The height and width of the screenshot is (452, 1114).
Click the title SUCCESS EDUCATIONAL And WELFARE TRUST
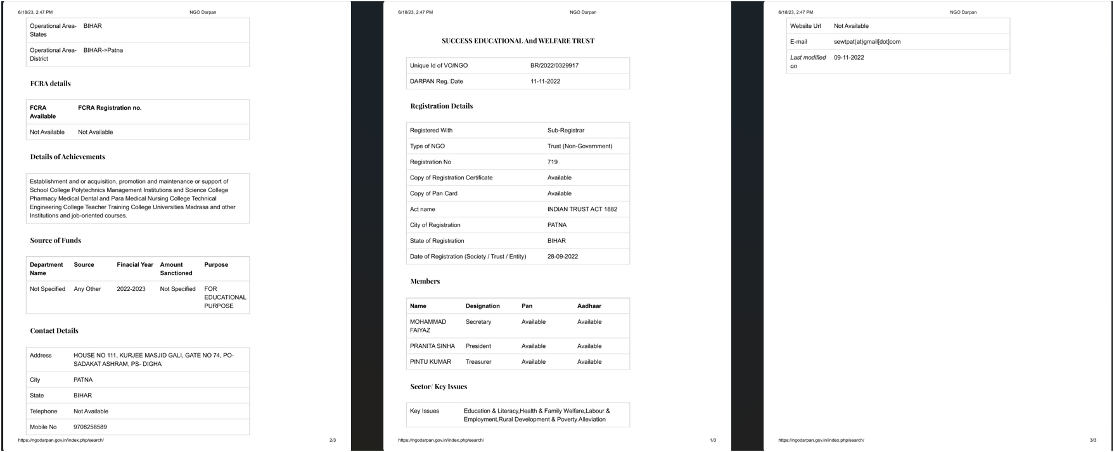[518, 41]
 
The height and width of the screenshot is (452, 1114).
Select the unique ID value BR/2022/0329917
[554, 65]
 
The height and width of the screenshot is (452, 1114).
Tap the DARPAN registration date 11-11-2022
[545, 81]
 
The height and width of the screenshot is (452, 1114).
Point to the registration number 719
[553, 162]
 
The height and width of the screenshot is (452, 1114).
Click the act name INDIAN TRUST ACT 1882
[582, 209]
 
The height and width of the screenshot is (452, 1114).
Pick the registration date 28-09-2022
[563, 257]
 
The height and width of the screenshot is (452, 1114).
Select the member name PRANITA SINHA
[432, 346]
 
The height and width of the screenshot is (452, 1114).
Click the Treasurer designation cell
[478, 362]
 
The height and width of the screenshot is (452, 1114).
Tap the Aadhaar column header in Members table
[589, 306]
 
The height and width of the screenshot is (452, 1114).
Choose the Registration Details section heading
[441, 106]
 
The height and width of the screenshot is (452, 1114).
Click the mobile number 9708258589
[90, 427]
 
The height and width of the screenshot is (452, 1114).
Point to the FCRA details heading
[50, 84]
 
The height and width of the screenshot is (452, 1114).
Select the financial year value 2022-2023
[131, 289]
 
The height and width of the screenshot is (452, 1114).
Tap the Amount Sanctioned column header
[176, 269]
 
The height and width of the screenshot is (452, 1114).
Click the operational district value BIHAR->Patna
[103, 50]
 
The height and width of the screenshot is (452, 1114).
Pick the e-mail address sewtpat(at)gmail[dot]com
[867, 42]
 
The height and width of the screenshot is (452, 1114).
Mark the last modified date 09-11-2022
[848, 58]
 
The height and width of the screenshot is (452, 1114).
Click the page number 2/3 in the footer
[333, 440]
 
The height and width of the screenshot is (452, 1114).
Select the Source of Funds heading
[55, 240]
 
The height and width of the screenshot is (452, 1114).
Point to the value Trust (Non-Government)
[580, 146]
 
